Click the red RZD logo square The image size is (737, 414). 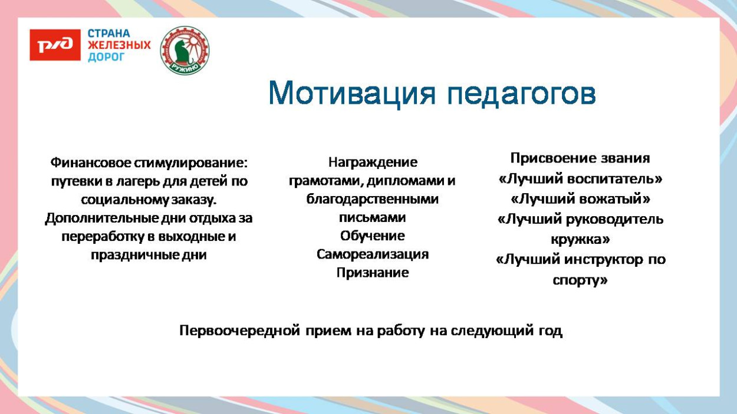(x=55, y=45)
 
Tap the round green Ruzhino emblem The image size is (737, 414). (x=185, y=50)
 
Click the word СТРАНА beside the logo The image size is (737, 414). (x=108, y=34)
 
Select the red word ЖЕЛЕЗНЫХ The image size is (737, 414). (x=119, y=45)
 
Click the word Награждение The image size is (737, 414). (x=372, y=162)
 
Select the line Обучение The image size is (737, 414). (x=372, y=236)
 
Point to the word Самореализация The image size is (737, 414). (x=372, y=254)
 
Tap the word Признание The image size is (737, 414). (x=372, y=273)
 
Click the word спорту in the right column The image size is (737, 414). (x=578, y=280)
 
